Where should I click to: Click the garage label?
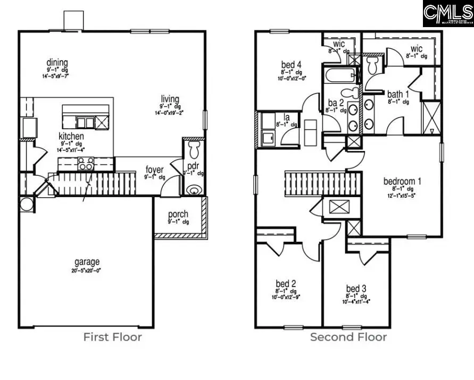click(x=87, y=262)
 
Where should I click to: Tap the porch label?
click(x=178, y=214)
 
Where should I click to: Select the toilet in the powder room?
click(x=194, y=147)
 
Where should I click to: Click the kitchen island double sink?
click(x=85, y=123)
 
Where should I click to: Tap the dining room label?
click(x=57, y=62)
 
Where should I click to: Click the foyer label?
click(x=155, y=170)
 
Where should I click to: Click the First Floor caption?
click(x=112, y=337)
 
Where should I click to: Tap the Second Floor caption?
click(x=348, y=337)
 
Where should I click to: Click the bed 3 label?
click(x=356, y=289)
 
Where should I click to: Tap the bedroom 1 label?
click(x=402, y=181)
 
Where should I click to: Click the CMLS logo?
click(x=448, y=13)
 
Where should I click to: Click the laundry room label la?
click(x=286, y=117)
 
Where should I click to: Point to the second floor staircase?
click(x=322, y=183)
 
